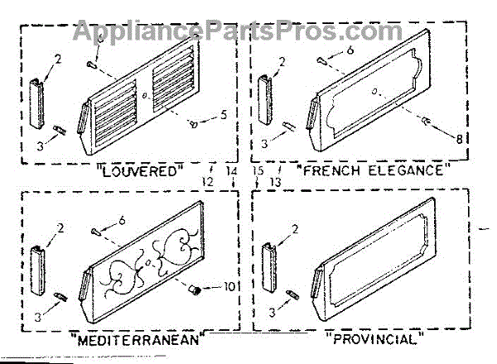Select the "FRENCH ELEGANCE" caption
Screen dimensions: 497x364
point(374,172)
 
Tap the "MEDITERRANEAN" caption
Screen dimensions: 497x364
point(135,340)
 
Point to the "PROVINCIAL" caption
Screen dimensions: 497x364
point(374,339)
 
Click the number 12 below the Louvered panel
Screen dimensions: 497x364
point(208,181)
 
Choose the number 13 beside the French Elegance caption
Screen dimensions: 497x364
point(276,181)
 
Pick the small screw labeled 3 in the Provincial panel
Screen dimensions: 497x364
point(293,295)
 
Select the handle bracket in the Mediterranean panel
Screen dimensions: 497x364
point(37,262)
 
